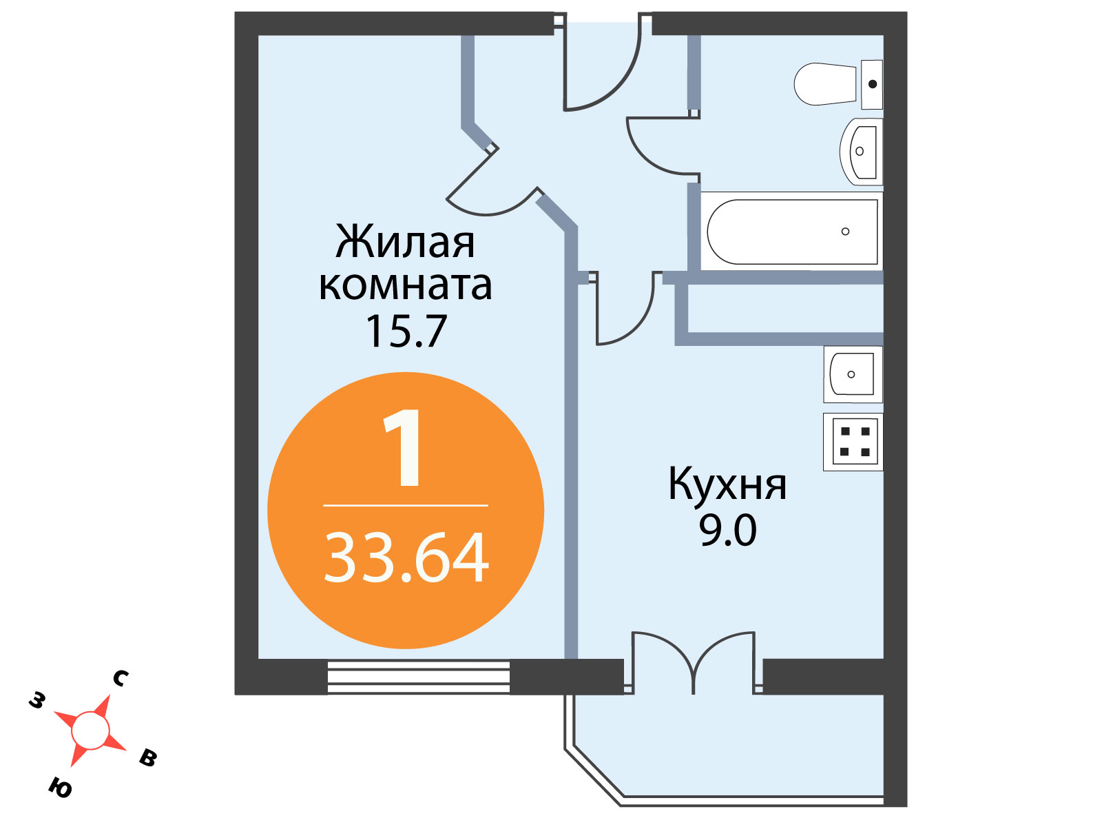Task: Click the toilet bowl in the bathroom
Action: (824, 84)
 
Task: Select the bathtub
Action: (792, 232)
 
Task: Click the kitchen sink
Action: (853, 374)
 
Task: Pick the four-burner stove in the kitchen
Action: (853, 442)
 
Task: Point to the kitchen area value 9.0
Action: (727, 531)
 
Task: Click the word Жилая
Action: (405, 242)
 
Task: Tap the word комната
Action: (406, 286)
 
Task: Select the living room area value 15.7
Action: (406, 331)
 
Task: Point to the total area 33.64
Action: (406, 558)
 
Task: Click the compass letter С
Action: (121, 679)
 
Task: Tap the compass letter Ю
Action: (60, 788)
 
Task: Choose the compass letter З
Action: (37, 700)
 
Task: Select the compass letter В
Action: (148, 757)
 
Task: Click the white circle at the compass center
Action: (90, 731)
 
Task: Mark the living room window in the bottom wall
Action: (419, 677)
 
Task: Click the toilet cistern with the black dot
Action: (872, 84)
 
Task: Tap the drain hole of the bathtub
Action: (846, 232)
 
